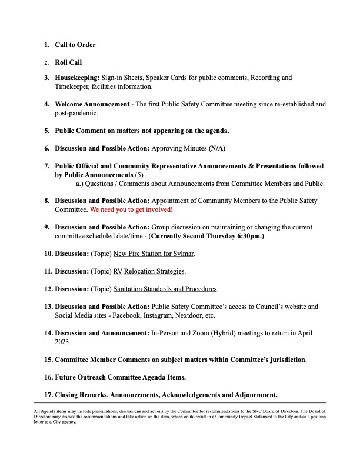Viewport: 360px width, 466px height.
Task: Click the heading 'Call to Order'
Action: point(75,45)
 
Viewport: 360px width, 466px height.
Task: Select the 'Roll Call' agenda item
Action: point(68,62)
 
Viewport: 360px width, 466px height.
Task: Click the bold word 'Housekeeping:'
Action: point(77,78)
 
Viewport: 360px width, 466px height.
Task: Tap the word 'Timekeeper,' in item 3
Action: point(75,86)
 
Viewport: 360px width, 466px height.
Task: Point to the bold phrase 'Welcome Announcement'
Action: point(92,104)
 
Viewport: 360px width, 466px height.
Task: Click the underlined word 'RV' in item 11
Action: point(118,271)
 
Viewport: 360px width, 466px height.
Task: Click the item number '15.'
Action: point(48,359)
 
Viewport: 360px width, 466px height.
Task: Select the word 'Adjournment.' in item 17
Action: point(256,394)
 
